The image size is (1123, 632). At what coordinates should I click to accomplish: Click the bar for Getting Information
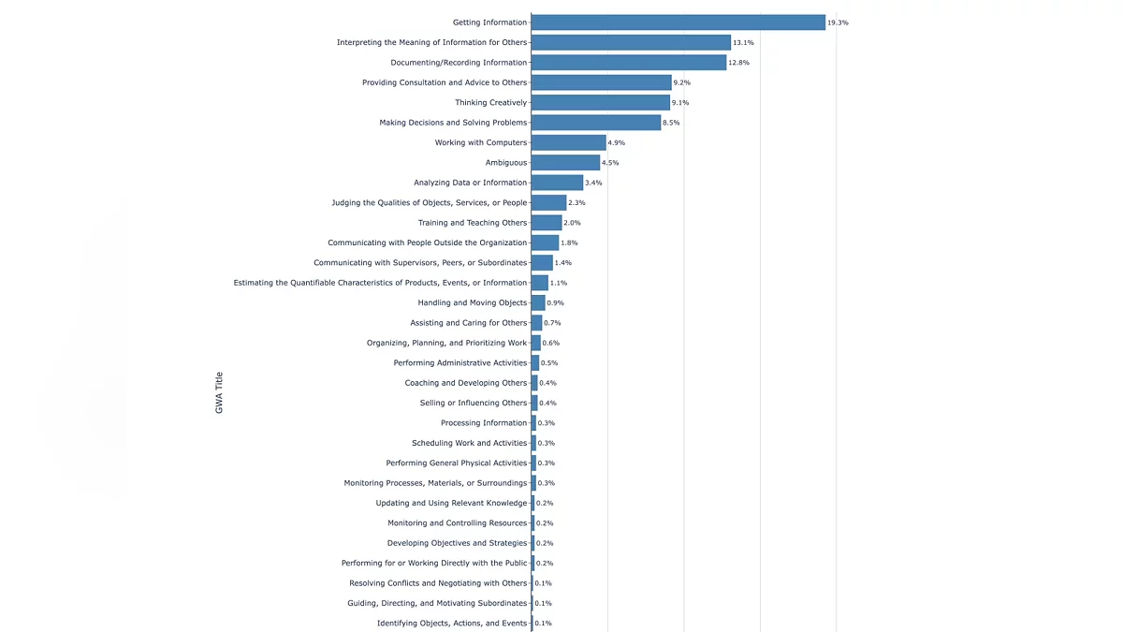[678, 22]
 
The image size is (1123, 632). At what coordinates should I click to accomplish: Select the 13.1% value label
[743, 42]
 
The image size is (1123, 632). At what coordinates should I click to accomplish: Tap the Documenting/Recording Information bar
[628, 63]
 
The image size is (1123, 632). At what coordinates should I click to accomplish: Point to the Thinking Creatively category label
[491, 103]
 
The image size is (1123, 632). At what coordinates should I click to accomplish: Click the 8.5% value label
[671, 123]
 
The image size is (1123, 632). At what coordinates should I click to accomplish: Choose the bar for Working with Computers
[568, 142]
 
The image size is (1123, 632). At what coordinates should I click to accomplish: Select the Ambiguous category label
[505, 163]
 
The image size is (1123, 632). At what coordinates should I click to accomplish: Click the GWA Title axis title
[219, 393]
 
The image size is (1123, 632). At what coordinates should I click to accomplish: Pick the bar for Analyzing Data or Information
[557, 183]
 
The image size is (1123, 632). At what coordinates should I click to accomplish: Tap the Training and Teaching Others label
[473, 223]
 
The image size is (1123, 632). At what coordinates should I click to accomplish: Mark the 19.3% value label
[838, 22]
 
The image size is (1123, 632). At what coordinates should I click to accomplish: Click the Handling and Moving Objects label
[473, 302]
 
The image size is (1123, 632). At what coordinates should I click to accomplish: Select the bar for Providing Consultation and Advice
[601, 82]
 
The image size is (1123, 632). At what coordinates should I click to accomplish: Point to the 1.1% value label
[559, 283]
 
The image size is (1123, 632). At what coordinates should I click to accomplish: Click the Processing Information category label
[484, 423]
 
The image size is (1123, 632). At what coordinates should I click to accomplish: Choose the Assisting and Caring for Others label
[469, 323]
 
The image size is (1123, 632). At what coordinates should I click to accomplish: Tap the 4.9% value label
[616, 142]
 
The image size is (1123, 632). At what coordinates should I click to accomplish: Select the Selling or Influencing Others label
[474, 403]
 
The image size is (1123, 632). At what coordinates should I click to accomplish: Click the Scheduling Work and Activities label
[470, 443]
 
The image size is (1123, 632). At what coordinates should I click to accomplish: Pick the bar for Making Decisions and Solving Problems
[595, 123]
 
